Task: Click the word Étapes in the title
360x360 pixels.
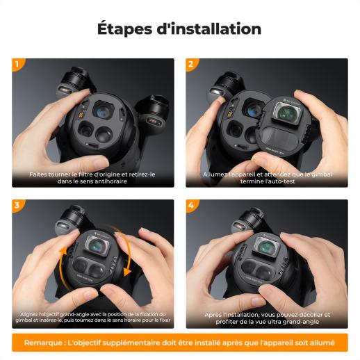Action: tap(125, 28)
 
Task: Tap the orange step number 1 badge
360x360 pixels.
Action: tap(17, 64)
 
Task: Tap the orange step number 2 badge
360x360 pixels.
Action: tap(191, 64)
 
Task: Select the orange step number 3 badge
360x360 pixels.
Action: tap(17, 205)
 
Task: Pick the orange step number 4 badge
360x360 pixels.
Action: tap(191, 205)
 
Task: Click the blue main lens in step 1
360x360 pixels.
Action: tap(103, 111)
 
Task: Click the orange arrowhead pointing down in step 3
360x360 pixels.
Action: tap(127, 271)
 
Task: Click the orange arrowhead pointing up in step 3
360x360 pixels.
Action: tap(63, 251)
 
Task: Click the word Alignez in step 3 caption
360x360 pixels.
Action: tap(29, 314)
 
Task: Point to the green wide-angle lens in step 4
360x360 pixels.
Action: tap(267, 247)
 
